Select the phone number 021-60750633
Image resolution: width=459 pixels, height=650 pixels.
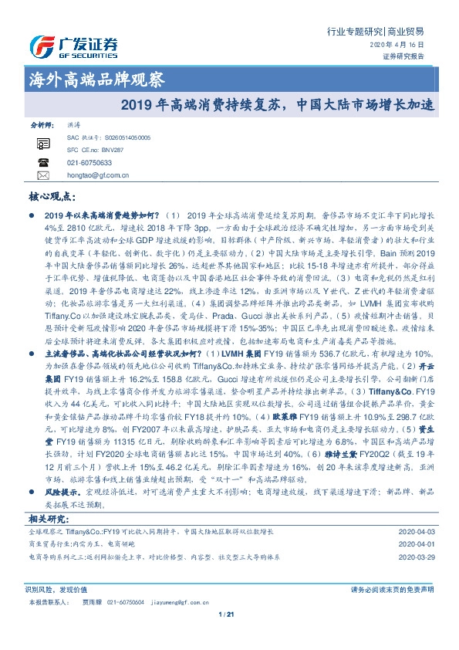tap(89, 163)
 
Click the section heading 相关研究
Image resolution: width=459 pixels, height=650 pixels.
tap(49, 518)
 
